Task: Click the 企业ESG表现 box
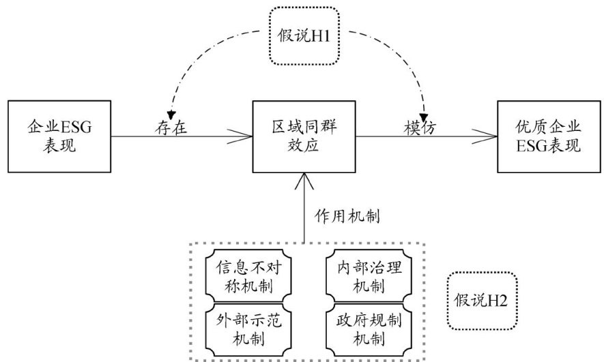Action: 59,136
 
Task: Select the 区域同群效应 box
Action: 304,136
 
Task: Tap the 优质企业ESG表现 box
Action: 549,136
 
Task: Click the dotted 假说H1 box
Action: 304,35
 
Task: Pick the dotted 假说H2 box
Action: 482,301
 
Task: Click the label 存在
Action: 171,127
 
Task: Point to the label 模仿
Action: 420,127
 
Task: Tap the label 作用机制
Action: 347,216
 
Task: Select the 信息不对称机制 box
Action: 248,276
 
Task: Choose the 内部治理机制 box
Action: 369,276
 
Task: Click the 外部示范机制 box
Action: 248,330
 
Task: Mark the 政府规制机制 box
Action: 369,330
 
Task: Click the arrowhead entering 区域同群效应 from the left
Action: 240,136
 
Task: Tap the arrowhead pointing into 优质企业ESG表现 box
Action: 485,136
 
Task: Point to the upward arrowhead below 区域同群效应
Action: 304,181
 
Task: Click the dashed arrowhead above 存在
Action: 171,115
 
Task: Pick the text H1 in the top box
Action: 321,35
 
